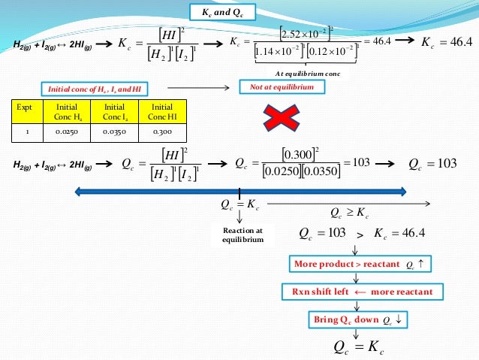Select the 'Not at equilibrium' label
(x=282, y=87)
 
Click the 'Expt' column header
(x=26, y=111)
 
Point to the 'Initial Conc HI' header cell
(x=161, y=111)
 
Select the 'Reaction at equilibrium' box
(x=242, y=234)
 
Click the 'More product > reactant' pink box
(x=357, y=264)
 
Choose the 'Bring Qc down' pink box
(x=357, y=319)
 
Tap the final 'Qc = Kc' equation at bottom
(x=358, y=346)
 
